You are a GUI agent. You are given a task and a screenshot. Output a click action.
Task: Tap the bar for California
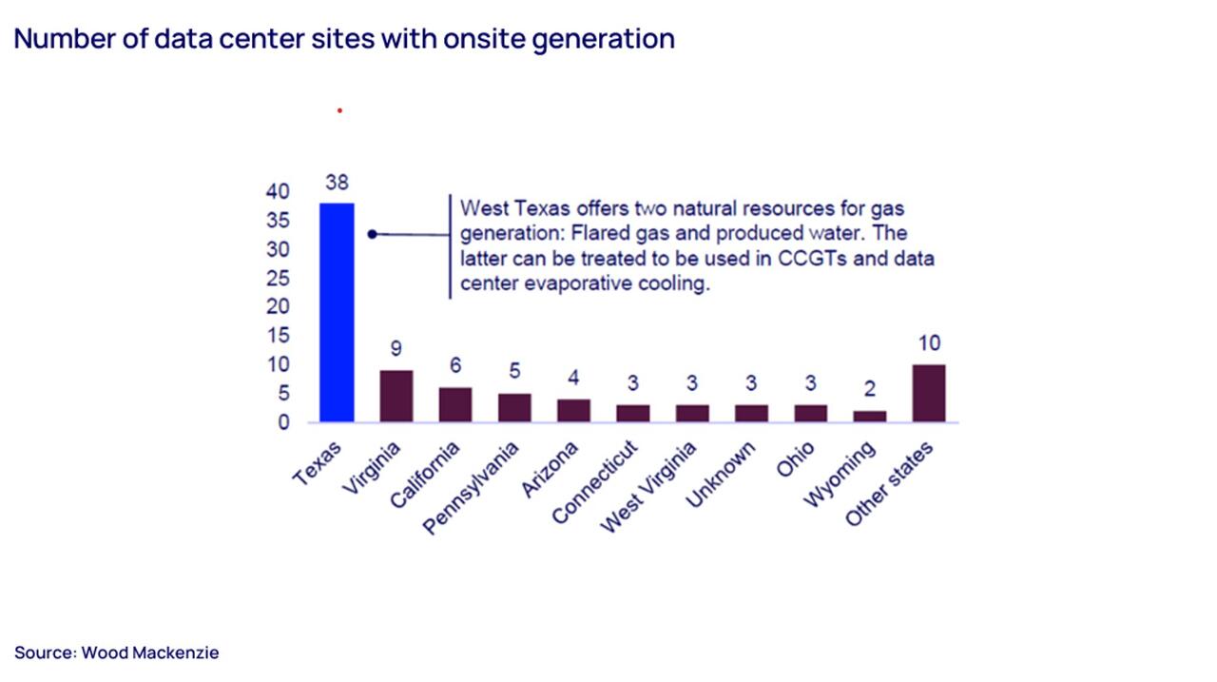pos(455,404)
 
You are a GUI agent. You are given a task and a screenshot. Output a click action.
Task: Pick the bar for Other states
pos(929,393)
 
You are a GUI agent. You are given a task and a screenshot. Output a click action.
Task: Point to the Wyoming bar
pos(869,417)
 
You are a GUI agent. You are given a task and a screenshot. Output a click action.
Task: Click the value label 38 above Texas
pos(337,183)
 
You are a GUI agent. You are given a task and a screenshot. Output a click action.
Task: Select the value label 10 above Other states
pos(929,343)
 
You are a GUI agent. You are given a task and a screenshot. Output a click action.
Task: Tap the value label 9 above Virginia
pos(396,349)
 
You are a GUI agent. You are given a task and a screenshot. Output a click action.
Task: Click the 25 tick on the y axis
pos(278,279)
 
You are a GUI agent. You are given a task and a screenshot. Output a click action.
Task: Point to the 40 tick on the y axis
pos(278,192)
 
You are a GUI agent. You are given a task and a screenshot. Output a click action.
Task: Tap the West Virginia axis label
pos(651,484)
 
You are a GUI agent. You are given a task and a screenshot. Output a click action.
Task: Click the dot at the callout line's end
pos(373,234)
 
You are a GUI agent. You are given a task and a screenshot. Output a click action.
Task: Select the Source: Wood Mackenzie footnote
pos(117,653)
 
